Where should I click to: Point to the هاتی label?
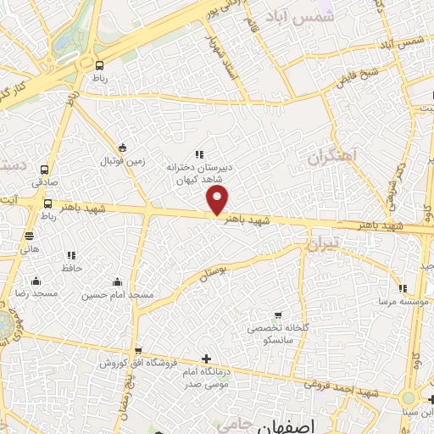(30, 250)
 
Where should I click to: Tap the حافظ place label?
(70, 268)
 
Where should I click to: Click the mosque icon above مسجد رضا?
(36, 281)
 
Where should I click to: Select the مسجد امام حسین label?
(118, 295)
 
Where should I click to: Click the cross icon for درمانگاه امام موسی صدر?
(206, 359)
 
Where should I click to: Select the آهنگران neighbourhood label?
(333, 156)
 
